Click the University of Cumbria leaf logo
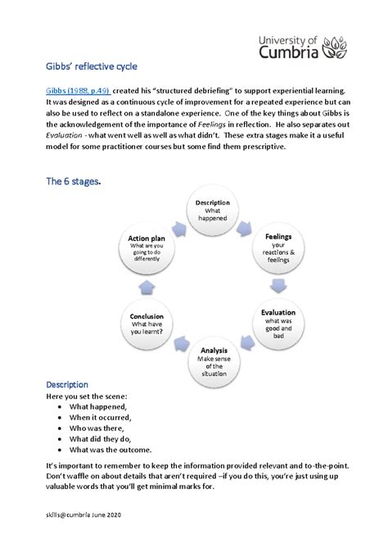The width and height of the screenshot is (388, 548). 338,48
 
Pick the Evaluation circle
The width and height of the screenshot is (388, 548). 278,323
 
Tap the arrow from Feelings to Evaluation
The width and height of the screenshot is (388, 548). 279,285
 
